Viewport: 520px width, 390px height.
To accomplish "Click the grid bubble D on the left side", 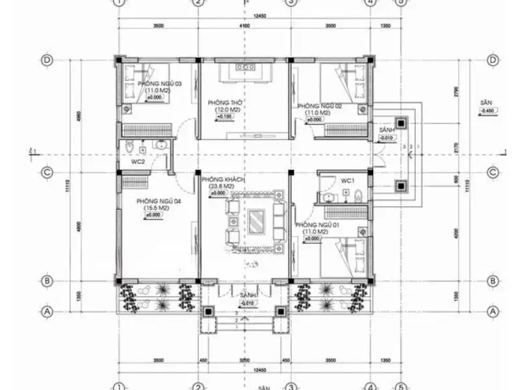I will click(x=47, y=60).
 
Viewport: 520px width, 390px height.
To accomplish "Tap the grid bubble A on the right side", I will click(x=492, y=311).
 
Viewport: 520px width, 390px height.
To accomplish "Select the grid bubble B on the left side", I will click(x=47, y=281).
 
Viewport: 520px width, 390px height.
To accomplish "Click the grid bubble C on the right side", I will click(x=492, y=173).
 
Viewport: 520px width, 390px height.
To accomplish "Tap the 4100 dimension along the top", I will click(x=244, y=26).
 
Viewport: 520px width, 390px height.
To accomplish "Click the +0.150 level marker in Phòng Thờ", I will click(x=224, y=117).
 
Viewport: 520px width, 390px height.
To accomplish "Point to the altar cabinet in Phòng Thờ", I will click(x=244, y=73).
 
